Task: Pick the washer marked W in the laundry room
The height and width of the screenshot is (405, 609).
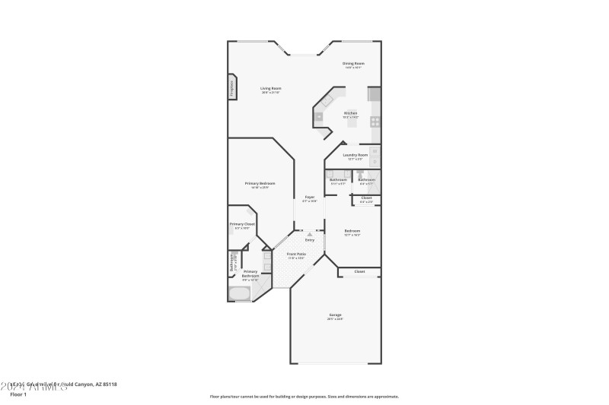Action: [x=375, y=152]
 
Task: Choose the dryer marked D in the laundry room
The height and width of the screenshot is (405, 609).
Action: [x=375, y=162]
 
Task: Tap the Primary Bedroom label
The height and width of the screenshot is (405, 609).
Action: [x=260, y=185]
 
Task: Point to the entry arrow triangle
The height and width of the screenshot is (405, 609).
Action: [x=310, y=234]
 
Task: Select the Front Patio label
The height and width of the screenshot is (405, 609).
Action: [x=296, y=255]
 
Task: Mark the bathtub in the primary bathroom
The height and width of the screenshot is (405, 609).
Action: [x=238, y=293]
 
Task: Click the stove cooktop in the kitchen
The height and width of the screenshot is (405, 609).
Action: [x=375, y=121]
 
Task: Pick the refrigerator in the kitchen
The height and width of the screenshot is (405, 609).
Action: [x=374, y=94]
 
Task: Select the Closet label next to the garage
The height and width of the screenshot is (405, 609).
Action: [x=359, y=271]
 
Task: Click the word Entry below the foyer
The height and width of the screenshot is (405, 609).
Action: [x=310, y=240]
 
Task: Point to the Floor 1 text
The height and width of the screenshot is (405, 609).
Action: [x=18, y=394]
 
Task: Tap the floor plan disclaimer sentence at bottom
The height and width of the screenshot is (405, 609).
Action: [x=304, y=396]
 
